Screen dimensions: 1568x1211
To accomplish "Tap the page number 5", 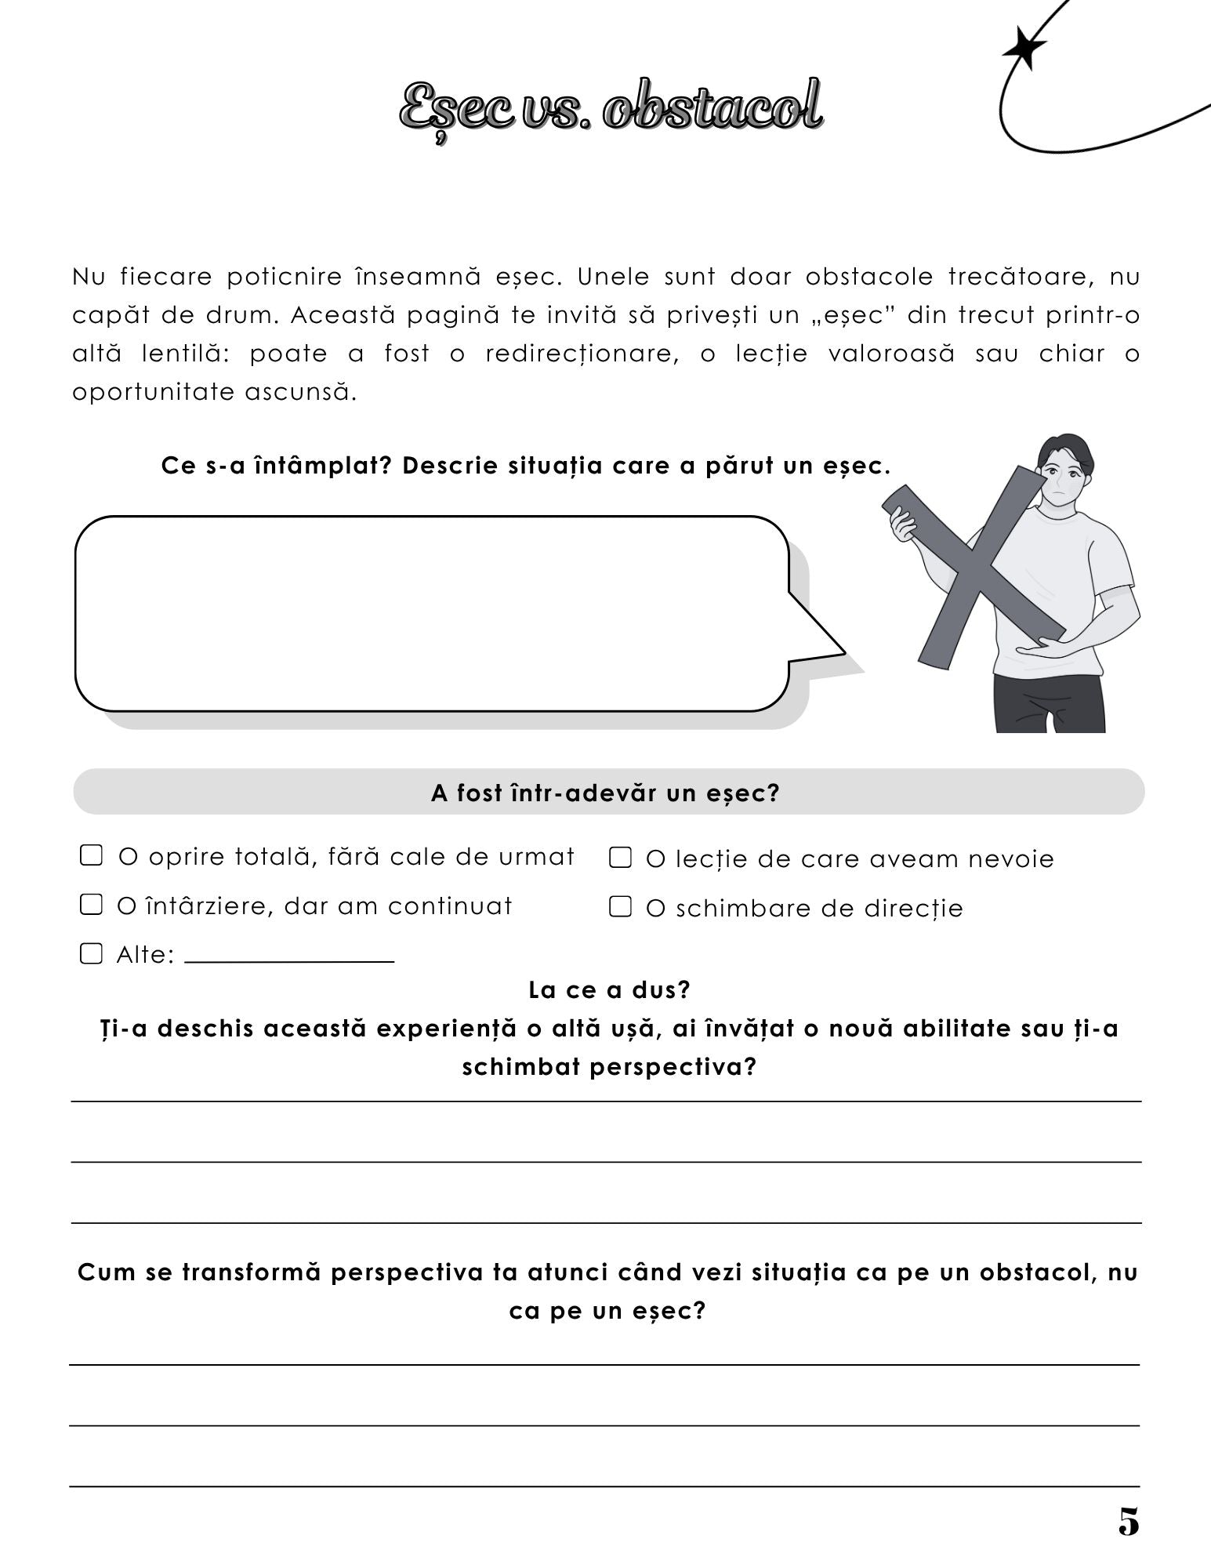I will pos(1128,1522).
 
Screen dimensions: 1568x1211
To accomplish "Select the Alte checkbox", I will pos(92,953).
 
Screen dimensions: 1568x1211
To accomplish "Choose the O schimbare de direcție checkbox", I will pos(620,906).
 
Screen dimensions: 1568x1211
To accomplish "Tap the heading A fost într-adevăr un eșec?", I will pos(605,793).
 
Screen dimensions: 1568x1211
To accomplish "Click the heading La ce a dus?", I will pos(609,989).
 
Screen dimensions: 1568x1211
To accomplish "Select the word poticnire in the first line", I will pos(285,277).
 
